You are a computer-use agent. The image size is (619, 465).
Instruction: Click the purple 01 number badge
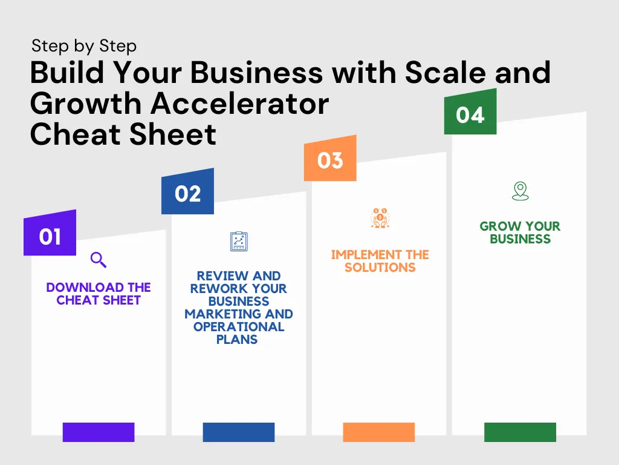click(50, 233)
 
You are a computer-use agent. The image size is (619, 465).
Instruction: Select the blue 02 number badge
click(187, 192)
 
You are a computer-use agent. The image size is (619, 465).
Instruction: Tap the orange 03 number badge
click(330, 159)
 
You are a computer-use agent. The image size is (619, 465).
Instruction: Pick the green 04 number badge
click(470, 112)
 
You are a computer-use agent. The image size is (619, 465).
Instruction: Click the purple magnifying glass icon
click(99, 260)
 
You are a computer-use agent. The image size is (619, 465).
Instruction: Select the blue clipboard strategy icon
click(239, 241)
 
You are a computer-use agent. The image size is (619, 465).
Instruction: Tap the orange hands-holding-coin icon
click(380, 218)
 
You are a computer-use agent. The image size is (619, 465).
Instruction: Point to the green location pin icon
click(520, 191)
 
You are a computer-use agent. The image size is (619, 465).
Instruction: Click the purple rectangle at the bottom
click(99, 432)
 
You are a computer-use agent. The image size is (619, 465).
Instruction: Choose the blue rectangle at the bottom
click(239, 432)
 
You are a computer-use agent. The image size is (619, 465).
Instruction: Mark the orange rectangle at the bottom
click(379, 432)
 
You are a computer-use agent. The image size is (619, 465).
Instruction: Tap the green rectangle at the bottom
click(520, 432)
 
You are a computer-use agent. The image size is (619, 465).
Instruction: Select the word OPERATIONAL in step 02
click(239, 327)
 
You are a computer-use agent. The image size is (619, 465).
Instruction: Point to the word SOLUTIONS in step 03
click(380, 268)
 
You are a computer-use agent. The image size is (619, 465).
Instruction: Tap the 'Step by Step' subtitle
click(84, 46)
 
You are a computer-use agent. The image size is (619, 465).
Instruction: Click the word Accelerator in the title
click(240, 104)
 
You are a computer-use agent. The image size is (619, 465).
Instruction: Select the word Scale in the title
click(446, 73)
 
